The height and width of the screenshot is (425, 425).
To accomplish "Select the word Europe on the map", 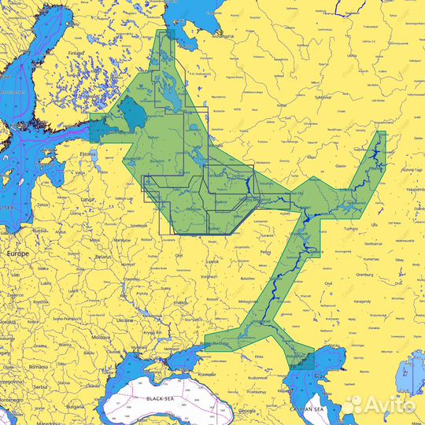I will (17, 255).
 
